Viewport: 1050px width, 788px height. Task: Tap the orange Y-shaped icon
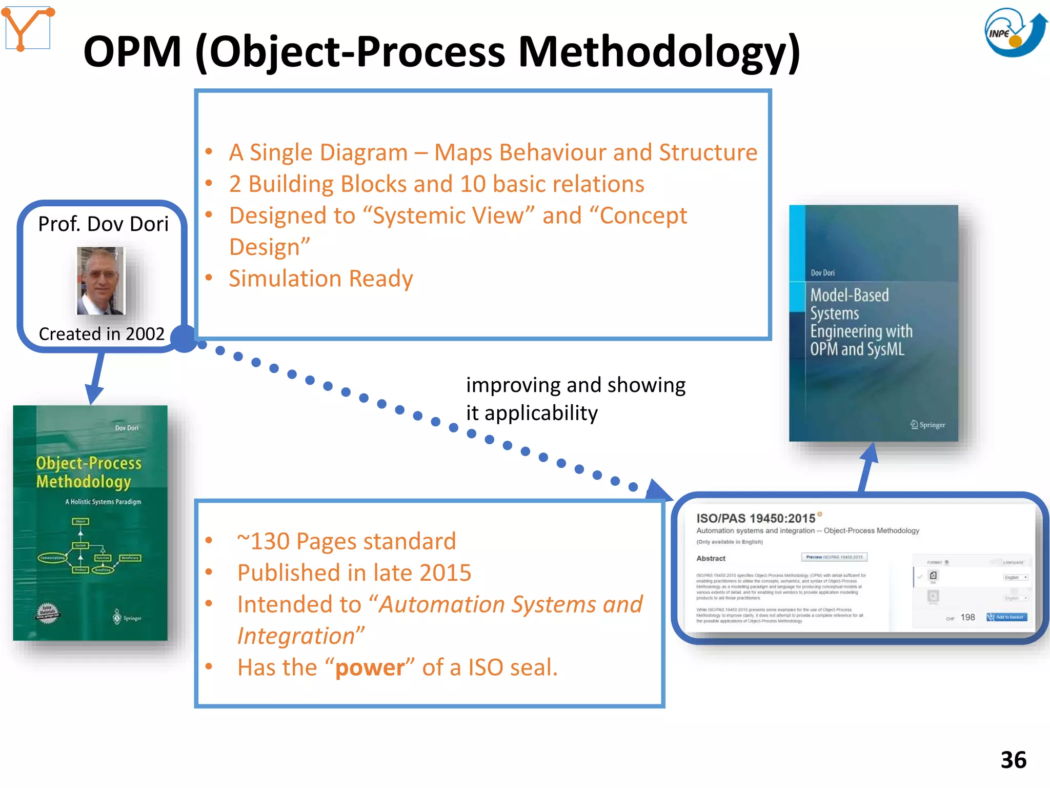[x=28, y=28]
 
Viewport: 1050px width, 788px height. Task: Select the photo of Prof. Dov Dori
[x=101, y=281]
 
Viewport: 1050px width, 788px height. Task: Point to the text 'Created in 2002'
[x=102, y=334]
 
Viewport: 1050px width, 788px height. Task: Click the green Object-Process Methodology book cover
[x=90, y=522]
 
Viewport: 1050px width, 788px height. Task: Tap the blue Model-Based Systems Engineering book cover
[x=873, y=323]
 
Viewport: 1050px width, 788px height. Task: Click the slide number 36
[x=1013, y=760]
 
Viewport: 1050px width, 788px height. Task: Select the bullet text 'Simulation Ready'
[x=320, y=279]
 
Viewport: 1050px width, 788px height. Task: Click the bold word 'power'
[x=370, y=668]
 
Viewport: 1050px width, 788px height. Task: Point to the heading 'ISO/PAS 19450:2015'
[x=755, y=519]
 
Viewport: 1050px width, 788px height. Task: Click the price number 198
[x=967, y=617]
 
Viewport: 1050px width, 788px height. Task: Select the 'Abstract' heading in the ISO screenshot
[x=711, y=558]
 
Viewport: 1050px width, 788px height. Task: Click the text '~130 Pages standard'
[x=346, y=542]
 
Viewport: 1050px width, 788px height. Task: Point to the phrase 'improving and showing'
[x=575, y=385]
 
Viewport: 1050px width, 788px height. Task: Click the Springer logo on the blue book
[x=927, y=425]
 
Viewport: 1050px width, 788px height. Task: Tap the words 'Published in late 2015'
[x=354, y=573]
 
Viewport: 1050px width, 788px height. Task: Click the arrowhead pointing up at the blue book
[x=870, y=452]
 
